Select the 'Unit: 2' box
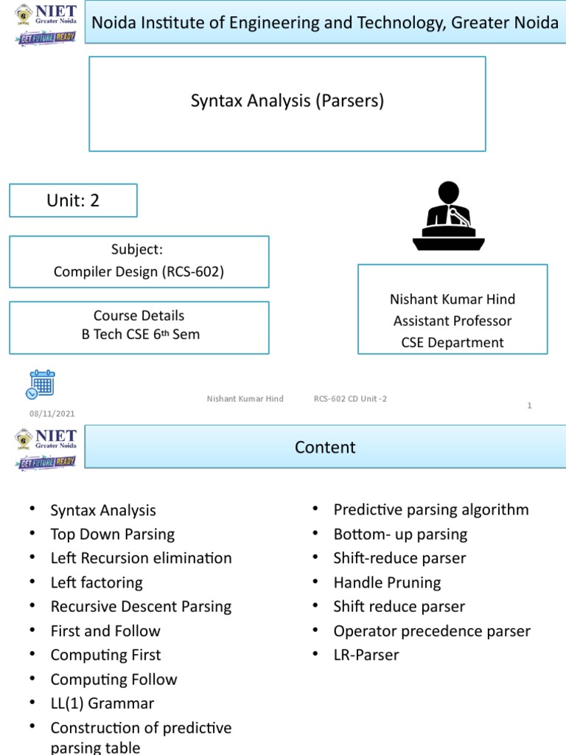(73, 201)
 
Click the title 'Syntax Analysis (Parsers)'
(287, 100)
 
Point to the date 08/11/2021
(52, 414)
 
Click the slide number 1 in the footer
(529, 405)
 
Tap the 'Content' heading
(325, 448)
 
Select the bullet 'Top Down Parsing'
(112, 534)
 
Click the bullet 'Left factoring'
(97, 582)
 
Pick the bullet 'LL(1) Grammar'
(102, 703)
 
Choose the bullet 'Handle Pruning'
(387, 582)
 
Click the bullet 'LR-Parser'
(366, 655)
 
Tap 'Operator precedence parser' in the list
(431, 631)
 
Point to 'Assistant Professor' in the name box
(453, 321)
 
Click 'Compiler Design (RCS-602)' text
(139, 271)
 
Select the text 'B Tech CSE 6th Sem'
(140, 334)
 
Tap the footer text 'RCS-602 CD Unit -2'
(350, 399)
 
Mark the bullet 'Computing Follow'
(113, 679)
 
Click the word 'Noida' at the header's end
(537, 23)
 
